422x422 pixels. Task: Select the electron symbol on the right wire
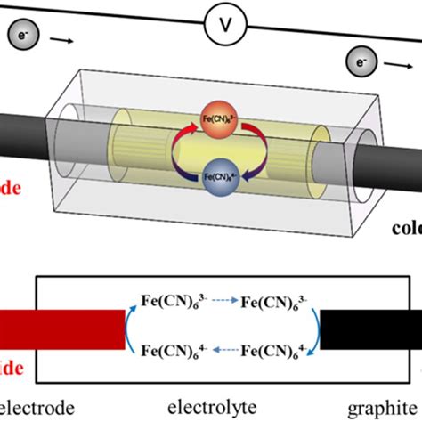pos(357,63)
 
